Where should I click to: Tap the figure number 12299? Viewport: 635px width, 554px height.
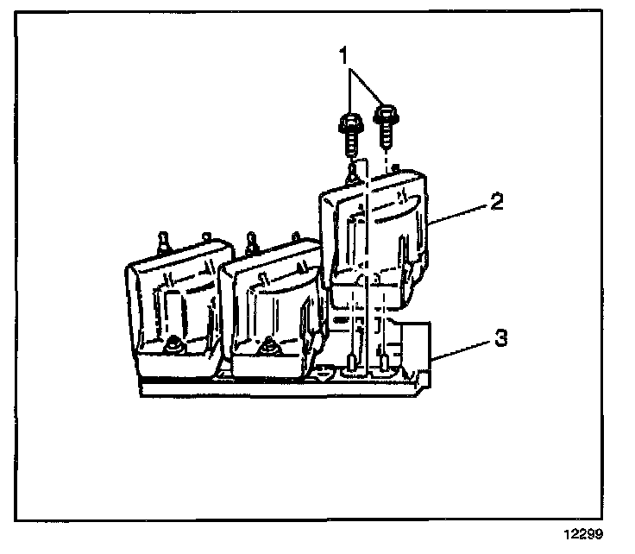[585, 535]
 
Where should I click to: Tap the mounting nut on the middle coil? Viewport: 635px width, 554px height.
[270, 346]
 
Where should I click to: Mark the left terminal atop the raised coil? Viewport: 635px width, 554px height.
[352, 173]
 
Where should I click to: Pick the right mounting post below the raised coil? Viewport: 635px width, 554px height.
[380, 362]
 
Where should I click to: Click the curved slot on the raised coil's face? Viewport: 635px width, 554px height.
[393, 207]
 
